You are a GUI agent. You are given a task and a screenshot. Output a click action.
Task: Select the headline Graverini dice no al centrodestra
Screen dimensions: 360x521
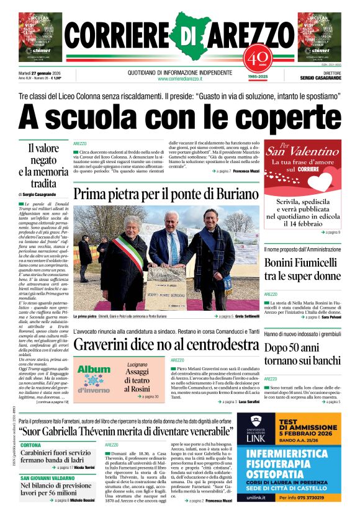click(x=166, y=344)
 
